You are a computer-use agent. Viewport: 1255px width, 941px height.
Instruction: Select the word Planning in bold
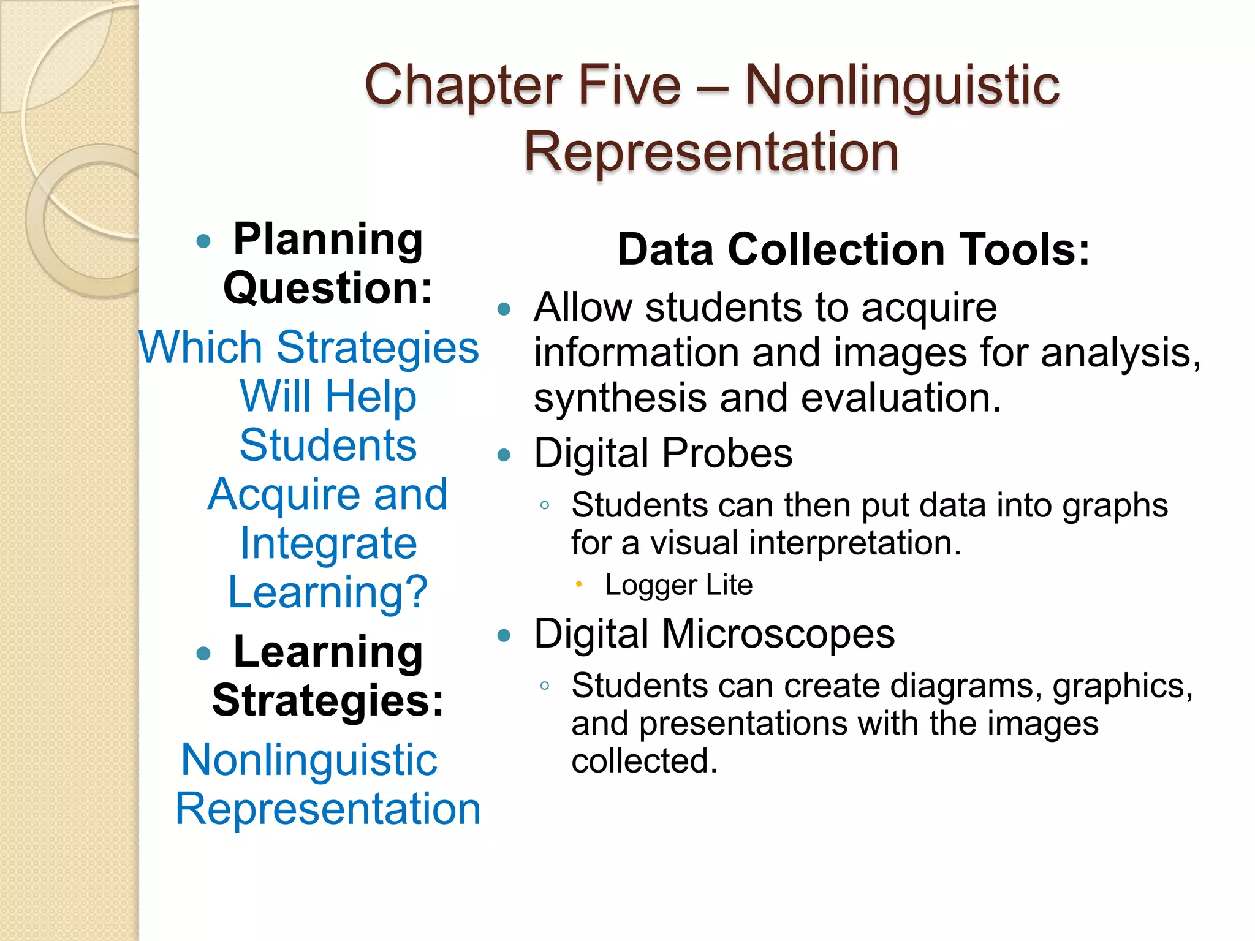click(x=328, y=240)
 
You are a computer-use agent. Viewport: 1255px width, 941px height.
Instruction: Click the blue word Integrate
click(x=328, y=543)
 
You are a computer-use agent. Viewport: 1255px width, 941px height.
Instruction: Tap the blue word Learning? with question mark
click(x=328, y=592)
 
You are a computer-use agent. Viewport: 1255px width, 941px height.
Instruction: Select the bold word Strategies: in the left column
click(x=328, y=700)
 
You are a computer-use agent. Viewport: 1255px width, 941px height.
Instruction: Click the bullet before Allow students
click(x=504, y=309)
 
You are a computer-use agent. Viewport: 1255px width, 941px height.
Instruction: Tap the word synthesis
click(x=620, y=398)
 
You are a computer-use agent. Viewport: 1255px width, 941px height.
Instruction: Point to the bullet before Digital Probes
click(x=504, y=455)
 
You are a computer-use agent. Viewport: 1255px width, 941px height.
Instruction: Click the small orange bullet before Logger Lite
click(x=578, y=584)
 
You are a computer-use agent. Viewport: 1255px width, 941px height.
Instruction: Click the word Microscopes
click(x=778, y=633)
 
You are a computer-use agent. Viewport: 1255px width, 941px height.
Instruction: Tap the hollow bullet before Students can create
click(x=544, y=686)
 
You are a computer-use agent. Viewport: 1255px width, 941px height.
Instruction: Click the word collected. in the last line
click(x=644, y=761)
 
